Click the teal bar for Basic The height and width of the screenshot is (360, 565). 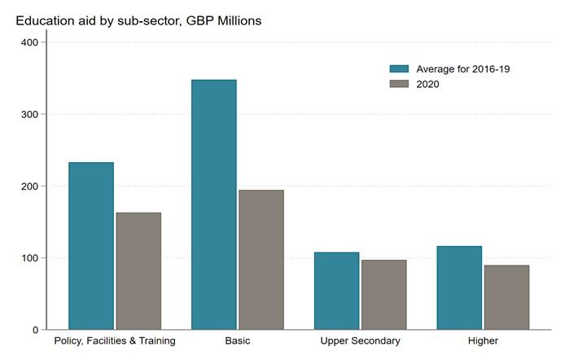(x=213, y=204)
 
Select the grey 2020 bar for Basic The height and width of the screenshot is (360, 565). (x=261, y=260)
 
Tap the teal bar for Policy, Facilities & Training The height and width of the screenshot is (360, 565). (x=91, y=246)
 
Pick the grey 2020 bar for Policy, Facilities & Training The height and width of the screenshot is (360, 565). (x=138, y=271)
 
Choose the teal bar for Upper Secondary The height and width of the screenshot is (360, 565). (x=336, y=291)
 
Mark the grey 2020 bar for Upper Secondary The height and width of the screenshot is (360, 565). (x=383, y=295)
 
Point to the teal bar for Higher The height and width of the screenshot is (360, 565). (x=458, y=288)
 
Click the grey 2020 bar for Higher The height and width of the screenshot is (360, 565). (x=506, y=297)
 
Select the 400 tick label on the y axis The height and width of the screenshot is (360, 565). (x=29, y=42)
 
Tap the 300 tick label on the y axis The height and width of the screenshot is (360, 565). (x=29, y=114)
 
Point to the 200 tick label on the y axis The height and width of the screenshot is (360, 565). (x=29, y=187)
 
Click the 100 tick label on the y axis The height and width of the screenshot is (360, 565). (x=29, y=258)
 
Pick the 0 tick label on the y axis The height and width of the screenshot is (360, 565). (x=34, y=330)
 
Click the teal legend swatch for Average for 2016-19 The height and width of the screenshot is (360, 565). (x=400, y=69)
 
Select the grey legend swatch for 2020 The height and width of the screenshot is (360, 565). (x=400, y=84)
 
